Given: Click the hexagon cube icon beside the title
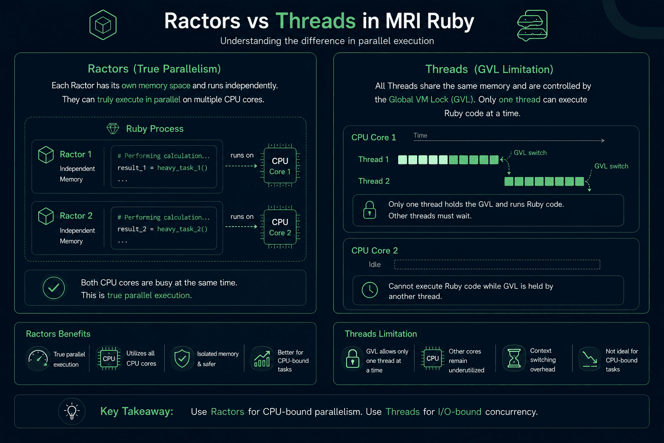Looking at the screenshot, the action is (103, 25).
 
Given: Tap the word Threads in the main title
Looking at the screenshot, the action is (316, 21).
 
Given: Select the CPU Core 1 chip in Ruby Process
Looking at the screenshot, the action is (280, 166).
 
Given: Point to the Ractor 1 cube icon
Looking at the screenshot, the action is (46, 154).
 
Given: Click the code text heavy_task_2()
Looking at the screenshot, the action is (182, 229).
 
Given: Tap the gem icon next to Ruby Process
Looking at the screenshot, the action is (113, 129).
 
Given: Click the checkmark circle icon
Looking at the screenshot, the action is (54, 288).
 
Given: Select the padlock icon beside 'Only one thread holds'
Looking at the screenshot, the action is (370, 210).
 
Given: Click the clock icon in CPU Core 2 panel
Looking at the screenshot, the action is (370, 290).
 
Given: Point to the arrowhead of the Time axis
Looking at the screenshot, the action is (603, 140).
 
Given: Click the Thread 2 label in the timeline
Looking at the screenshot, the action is (374, 181).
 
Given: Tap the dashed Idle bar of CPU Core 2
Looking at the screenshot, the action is (497, 264).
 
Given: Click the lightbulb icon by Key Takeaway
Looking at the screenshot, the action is (72, 411).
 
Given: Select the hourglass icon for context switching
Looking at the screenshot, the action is (514, 358).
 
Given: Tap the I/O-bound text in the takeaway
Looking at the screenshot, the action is (460, 412).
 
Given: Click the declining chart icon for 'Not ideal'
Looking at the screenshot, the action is (590, 359).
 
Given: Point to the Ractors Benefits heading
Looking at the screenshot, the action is (58, 334).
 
